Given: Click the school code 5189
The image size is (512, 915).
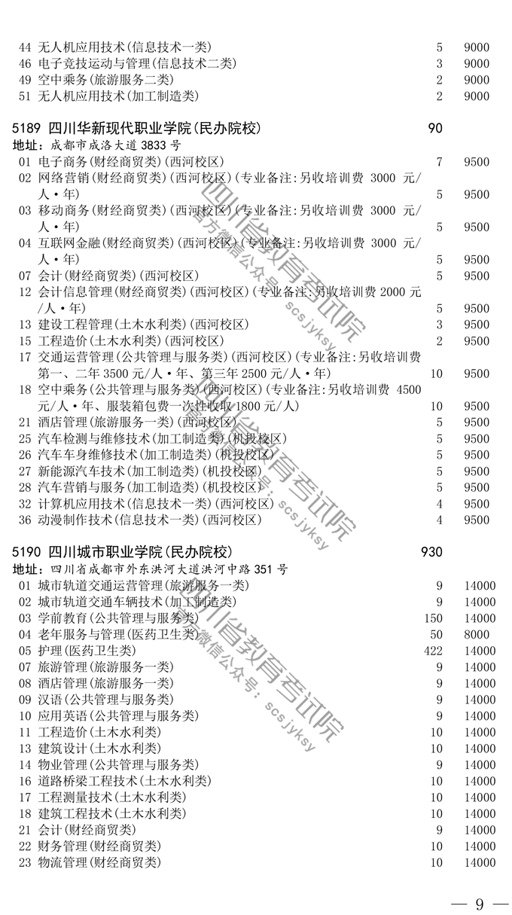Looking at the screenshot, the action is pos(26,128).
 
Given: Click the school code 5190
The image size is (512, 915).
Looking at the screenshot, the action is pos(26,552).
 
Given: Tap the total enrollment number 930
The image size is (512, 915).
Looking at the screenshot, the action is pos(431,552).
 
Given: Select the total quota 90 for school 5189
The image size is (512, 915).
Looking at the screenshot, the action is pos(435,128).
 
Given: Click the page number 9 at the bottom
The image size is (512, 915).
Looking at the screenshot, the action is pos(480,904).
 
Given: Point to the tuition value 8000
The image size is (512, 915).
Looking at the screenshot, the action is pos(477,634).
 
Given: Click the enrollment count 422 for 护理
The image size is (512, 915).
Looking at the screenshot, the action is pos(433,651).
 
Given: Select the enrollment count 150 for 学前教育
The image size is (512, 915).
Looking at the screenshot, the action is pos(433,618).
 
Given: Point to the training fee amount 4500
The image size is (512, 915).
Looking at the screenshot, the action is pos(409,389).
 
